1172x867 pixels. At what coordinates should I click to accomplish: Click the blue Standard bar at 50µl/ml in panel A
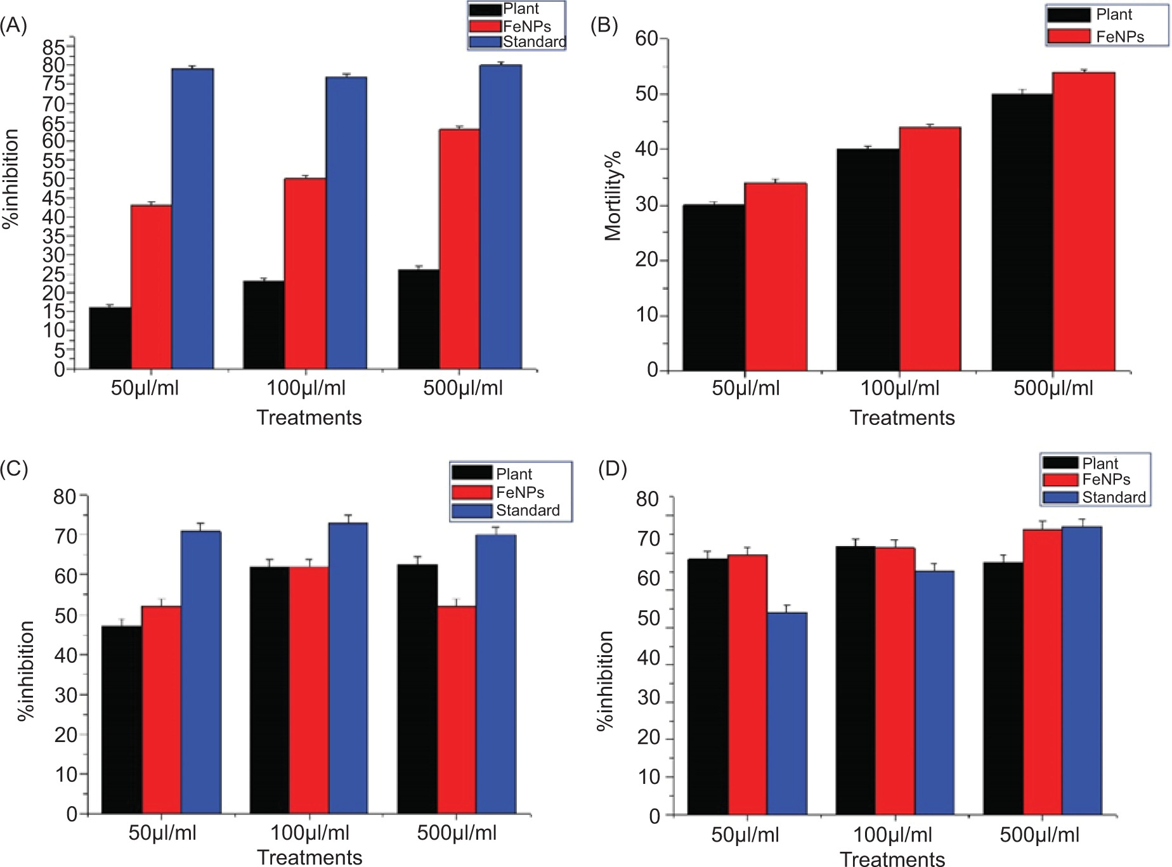point(192,219)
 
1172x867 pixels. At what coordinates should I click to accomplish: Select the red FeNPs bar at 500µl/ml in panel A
point(460,249)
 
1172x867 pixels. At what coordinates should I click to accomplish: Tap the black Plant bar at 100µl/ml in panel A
point(264,325)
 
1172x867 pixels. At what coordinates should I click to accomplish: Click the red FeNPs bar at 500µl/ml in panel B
point(1084,221)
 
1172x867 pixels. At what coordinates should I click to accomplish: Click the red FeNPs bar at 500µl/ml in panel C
point(457,710)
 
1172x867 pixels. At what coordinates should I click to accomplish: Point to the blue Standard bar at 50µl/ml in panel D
point(787,714)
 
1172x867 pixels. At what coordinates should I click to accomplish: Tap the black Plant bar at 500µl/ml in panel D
point(1003,688)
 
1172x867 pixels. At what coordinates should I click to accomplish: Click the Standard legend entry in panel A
point(534,42)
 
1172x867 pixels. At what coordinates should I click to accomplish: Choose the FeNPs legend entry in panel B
point(1119,37)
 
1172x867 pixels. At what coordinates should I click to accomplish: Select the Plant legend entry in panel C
point(514,474)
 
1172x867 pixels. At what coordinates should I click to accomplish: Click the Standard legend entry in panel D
point(1114,497)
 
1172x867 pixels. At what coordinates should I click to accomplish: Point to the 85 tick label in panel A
point(54,47)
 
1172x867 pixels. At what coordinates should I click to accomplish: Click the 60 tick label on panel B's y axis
point(647,39)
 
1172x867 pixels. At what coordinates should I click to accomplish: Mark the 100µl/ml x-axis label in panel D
point(892,835)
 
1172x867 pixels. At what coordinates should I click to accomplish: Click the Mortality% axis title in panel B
point(613,197)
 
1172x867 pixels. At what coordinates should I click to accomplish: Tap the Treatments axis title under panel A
point(309,417)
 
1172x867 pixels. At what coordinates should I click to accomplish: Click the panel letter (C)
point(14,469)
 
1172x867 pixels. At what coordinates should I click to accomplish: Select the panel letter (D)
point(613,469)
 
